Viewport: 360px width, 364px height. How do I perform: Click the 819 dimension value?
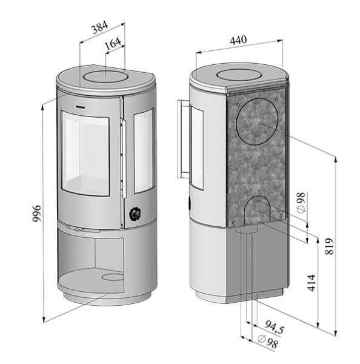(330, 245)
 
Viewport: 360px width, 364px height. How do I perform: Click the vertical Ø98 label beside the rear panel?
(301, 202)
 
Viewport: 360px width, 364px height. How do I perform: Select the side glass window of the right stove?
(197, 146)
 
